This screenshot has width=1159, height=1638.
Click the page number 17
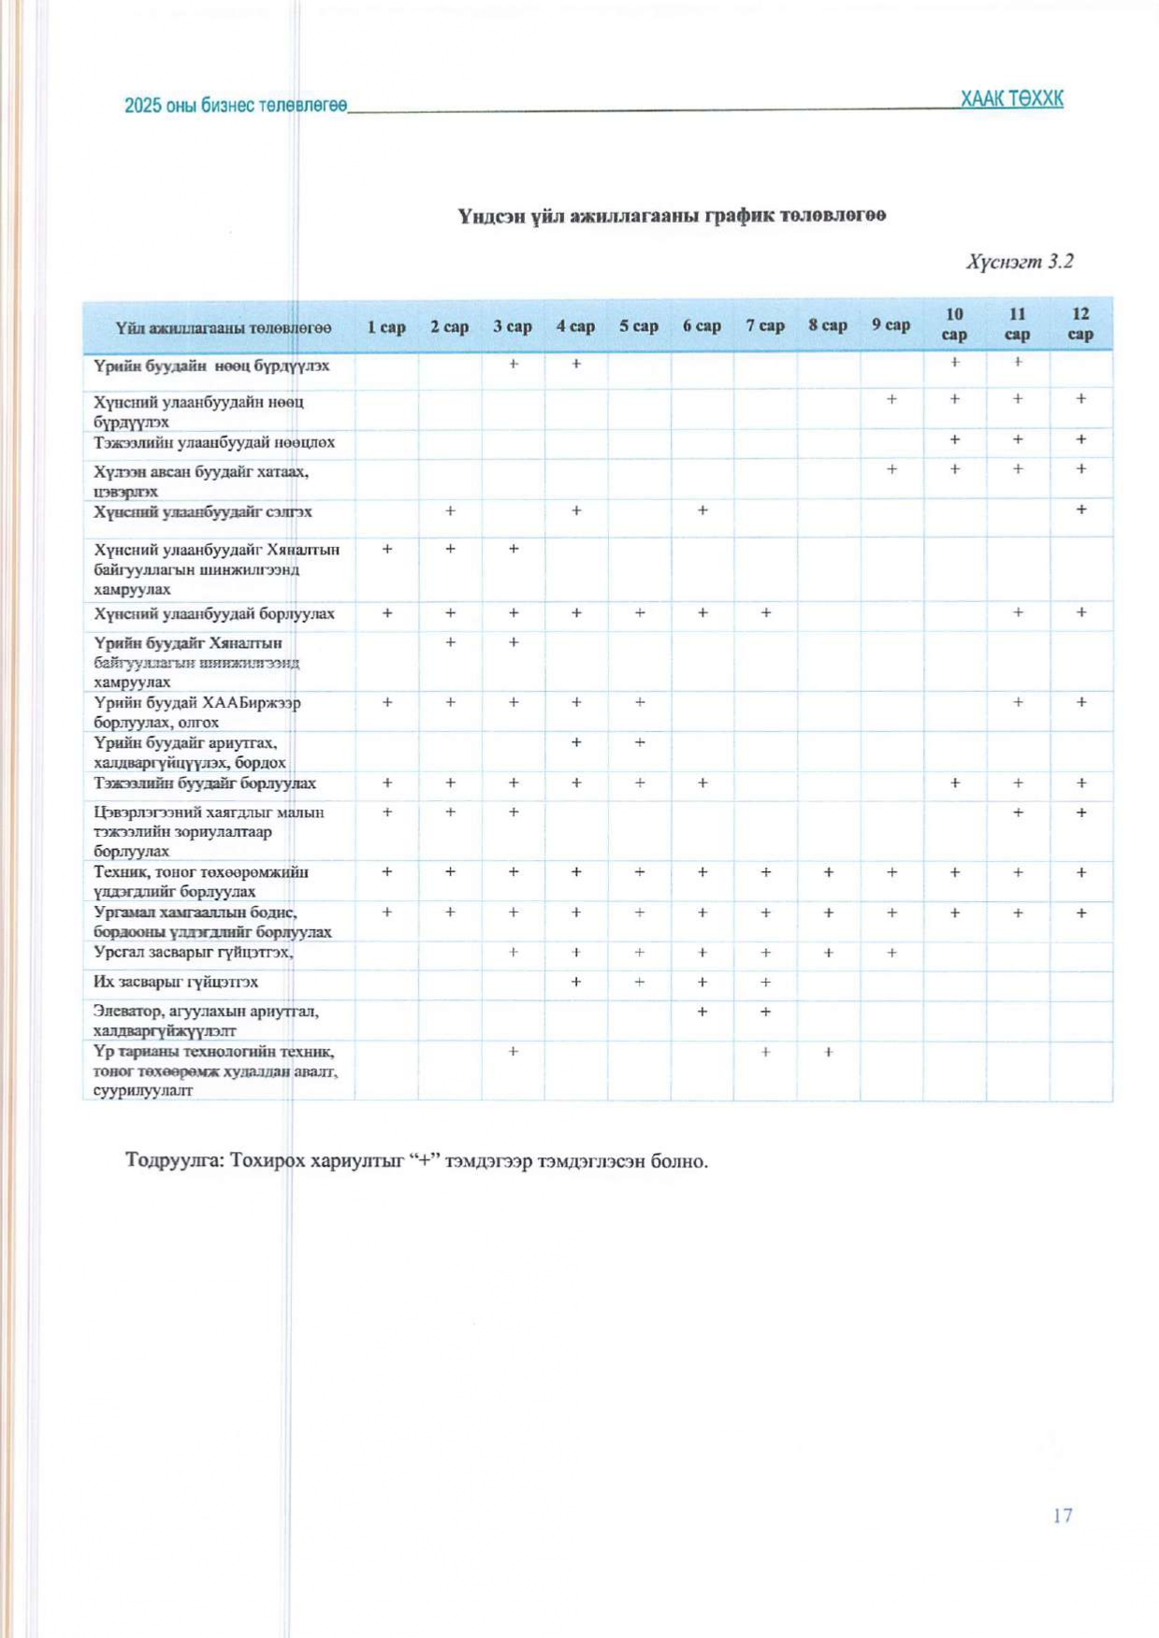click(x=1062, y=1516)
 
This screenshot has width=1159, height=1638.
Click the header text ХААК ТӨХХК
click(x=1011, y=99)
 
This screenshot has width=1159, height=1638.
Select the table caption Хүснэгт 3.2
click(x=1020, y=261)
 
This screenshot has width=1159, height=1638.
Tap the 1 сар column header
click(x=386, y=326)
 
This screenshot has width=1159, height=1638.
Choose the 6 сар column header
click(x=702, y=326)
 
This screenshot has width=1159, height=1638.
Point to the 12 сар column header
click(x=1080, y=324)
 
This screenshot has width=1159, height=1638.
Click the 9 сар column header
click(x=891, y=325)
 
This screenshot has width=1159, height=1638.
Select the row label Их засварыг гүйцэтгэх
click(x=176, y=982)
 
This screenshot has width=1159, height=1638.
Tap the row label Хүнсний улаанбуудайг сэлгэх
click(x=203, y=511)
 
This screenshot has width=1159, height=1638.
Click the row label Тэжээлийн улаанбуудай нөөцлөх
click(x=214, y=442)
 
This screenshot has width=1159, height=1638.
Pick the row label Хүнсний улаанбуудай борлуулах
click(x=214, y=613)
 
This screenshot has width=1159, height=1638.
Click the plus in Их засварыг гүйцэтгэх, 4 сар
click(x=576, y=982)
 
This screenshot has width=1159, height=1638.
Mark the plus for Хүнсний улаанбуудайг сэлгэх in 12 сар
click(x=1080, y=510)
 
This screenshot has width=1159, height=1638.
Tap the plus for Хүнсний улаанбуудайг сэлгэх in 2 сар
click(x=450, y=510)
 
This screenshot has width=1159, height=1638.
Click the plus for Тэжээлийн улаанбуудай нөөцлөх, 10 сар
click(x=954, y=439)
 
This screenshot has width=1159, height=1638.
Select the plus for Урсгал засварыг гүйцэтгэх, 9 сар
click(x=891, y=953)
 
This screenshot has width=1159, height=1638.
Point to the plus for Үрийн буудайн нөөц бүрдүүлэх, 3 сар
click(x=514, y=363)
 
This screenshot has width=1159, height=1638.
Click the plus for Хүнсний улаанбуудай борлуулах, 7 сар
click(x=765, y=612)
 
